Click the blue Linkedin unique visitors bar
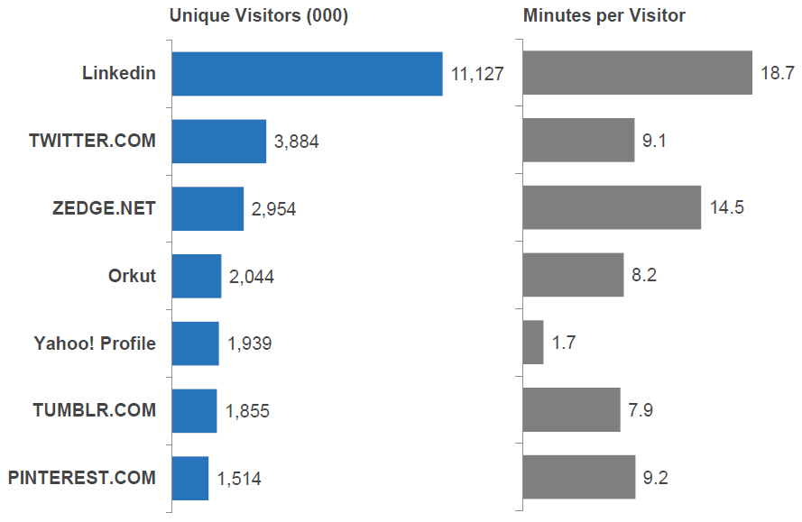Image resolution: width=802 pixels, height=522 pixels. [307, 74]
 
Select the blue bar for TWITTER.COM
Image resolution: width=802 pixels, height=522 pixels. [218, 142]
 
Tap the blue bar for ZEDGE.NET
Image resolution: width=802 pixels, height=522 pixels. [207, 209]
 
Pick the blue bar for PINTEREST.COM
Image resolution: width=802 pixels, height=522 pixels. [189, 478]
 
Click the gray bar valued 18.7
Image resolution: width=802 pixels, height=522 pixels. [637, 73]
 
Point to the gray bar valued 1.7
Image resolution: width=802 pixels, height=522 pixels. [533, 343]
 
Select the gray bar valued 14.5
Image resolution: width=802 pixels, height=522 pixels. [612, 207]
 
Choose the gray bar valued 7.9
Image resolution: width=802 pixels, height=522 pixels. [571, 410]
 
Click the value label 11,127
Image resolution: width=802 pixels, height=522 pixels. [477, 75]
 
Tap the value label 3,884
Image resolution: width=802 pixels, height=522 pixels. [297, 142]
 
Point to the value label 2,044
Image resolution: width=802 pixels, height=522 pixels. [252, 277]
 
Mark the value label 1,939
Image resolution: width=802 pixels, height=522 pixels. [250, 343]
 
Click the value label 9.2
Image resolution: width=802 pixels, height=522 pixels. [656, 478]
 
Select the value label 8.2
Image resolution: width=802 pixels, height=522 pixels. [644, 276]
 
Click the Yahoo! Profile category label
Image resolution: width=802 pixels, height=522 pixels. [95, 343]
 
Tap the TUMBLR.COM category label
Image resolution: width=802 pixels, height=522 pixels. [94, 410]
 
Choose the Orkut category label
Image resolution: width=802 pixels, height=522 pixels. [132, 276]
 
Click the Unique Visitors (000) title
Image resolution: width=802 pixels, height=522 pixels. [259, 15]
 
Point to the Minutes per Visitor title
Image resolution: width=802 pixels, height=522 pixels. [604, 15]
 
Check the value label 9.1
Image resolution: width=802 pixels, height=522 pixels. [655, 142]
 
